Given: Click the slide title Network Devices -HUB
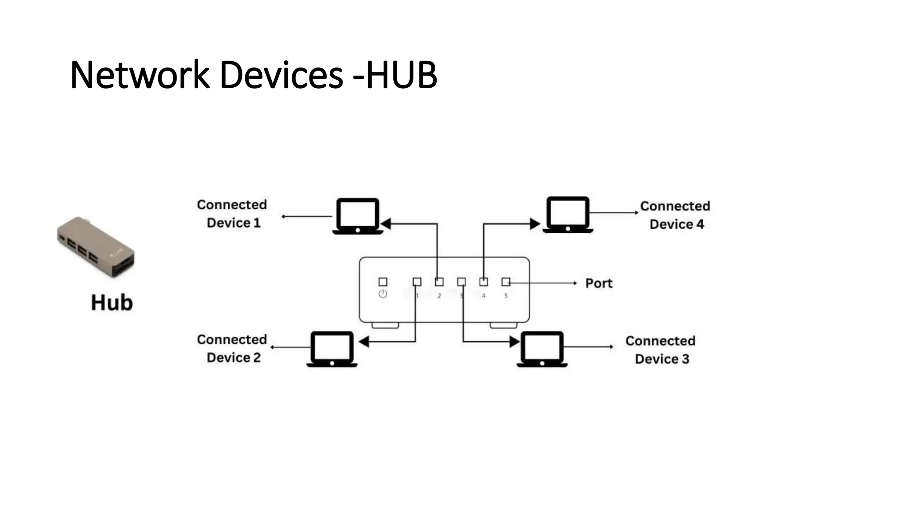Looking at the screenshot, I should (x=253, y=75).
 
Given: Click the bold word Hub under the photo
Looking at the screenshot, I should (x=112, y=303).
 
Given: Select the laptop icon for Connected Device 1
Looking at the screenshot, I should (x=358, y=216).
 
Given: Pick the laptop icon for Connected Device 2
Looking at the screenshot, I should (x=332, y=349).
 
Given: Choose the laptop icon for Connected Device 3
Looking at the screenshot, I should (x=542, y=349).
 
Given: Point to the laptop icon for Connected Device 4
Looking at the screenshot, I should (x=568, y=215).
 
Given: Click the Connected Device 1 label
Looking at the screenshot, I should (x=232, y=214).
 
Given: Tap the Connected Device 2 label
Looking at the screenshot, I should (x=232, y=348).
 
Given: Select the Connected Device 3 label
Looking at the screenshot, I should (x=661, y=350).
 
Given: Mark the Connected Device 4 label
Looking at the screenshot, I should (x=675, y=215).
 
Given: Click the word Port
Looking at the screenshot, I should (x=599, y=283).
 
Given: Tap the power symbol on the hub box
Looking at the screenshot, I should (x=383, y=294).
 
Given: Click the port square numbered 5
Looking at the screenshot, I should (x=506, y=282).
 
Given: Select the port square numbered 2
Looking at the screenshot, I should (x=439, y=282).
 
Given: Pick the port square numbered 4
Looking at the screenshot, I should (x=484, y=282).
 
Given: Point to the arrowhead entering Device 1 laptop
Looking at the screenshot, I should (x=386, y=224).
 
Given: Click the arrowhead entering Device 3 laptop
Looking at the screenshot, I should (x=515, y=342).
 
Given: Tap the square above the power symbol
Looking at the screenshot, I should (x=383, y=282).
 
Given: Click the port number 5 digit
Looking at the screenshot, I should (x=506, y=296).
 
